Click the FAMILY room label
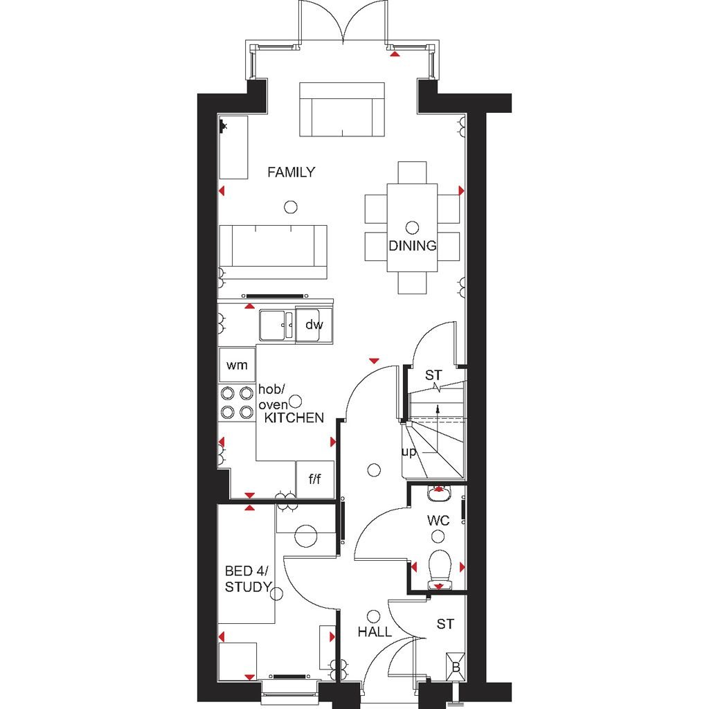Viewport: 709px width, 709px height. (291, 172)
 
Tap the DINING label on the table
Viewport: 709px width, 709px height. (412, 246)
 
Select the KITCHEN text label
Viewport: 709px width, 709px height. (294, 418)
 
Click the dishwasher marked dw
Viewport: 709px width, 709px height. (314, 324)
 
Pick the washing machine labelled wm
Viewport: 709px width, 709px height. (237, 364)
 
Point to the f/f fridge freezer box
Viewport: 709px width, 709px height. (315, 478)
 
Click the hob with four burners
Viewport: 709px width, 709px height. (236, 403)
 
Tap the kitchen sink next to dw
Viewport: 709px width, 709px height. (276, 325)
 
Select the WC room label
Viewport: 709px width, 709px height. (438, 521)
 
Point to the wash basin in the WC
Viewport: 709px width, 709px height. (438, 494)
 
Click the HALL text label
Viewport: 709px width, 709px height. (375, 632)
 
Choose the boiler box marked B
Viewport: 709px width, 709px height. (456, 667)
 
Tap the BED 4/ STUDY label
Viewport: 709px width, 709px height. (247, 580)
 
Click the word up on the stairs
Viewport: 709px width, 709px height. (409, 452)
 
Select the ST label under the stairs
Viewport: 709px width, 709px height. (433, 376)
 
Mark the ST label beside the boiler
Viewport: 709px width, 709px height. (446, 625)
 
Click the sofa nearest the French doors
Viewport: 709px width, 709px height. (342, 109)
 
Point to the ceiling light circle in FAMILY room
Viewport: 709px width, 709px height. (291, 206)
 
